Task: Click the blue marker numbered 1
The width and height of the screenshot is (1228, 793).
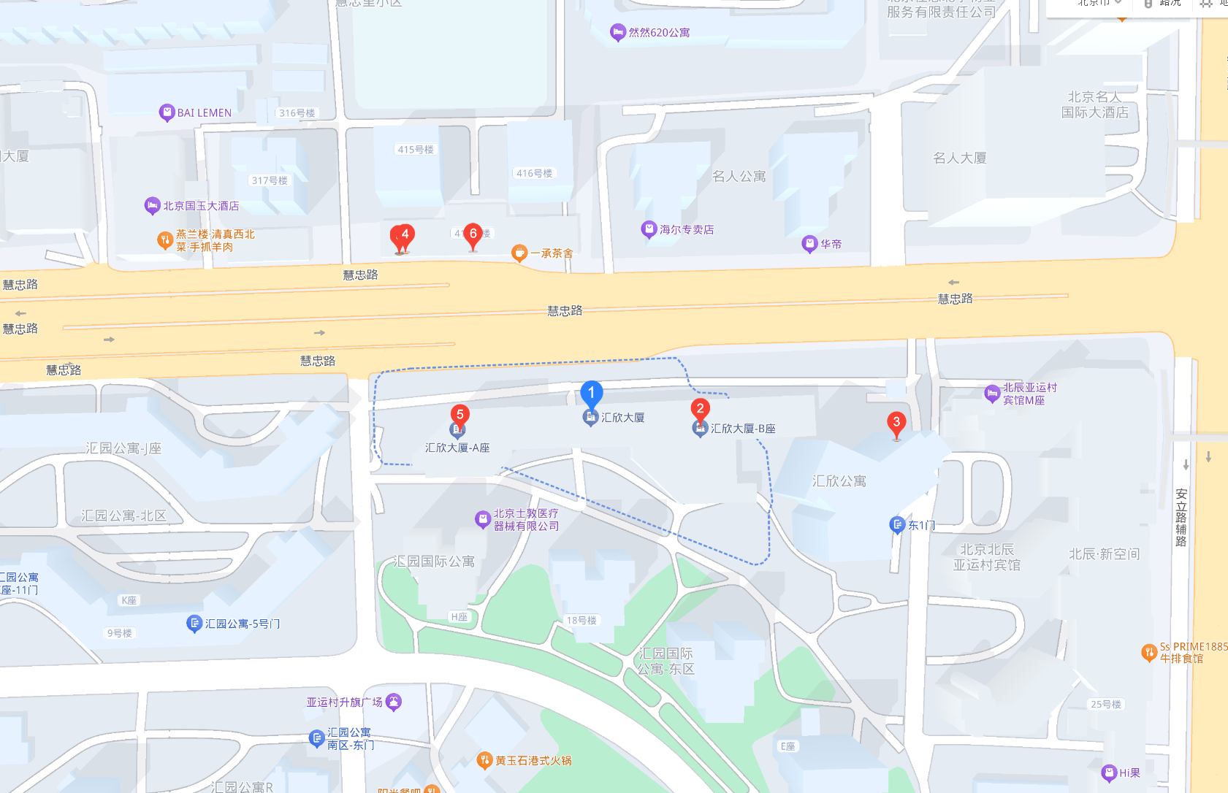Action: [591, 394]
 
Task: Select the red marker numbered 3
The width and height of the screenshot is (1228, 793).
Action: [896, 423]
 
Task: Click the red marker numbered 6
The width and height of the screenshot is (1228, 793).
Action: [473, 234]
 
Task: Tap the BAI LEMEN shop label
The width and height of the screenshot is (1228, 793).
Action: [205, 113]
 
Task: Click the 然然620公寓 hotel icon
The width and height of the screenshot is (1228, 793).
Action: [618, 32]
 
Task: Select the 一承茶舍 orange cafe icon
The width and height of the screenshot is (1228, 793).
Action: [519, 253]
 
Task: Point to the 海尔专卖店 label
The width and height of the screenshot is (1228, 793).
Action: [687, 230]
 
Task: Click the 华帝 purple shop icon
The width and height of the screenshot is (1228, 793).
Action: [809, 244]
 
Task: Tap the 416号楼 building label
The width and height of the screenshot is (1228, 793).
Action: [534, 174]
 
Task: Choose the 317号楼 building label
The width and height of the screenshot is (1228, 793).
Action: [270, 180]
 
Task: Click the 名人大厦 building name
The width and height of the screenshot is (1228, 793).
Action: [959, 158]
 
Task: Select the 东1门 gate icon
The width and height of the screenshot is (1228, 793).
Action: [897, 525]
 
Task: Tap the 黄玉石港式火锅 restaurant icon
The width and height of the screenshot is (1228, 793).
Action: [484, 761]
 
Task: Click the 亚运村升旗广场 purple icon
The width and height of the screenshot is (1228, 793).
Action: [394, 702]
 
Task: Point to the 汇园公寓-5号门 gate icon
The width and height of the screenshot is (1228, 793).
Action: [194, 624]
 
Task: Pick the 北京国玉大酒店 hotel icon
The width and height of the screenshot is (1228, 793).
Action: [152, 206]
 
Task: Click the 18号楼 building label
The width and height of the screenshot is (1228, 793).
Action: [581, 621]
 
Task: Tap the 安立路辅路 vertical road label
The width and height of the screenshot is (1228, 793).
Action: [1181, 518]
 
